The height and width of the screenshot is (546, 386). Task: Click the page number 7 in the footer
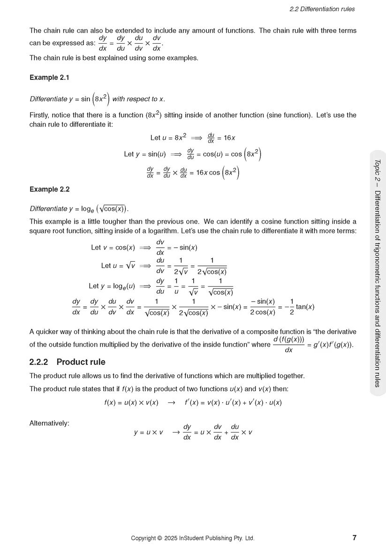tap(354, 538)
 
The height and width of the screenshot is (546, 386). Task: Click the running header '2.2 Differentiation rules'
tap(322, 9)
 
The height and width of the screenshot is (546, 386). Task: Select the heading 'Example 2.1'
tap(49, 77)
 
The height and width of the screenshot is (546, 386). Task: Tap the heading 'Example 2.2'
tap(49, 190)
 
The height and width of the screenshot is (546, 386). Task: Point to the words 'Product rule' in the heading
tap(81, 362)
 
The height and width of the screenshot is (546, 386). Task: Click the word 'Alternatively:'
tap(49, 423)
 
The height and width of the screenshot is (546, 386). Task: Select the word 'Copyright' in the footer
tap(144, 538)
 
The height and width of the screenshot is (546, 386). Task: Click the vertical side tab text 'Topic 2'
tap(378, 172)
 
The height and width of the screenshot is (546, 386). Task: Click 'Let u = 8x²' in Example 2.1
tap(168, 137)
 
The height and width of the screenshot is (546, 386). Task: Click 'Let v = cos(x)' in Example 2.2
tap(113, 247)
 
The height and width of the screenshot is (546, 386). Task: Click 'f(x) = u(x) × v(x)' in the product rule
tap(131, 402)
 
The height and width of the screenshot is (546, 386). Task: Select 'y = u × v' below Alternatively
tap(148, 432)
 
